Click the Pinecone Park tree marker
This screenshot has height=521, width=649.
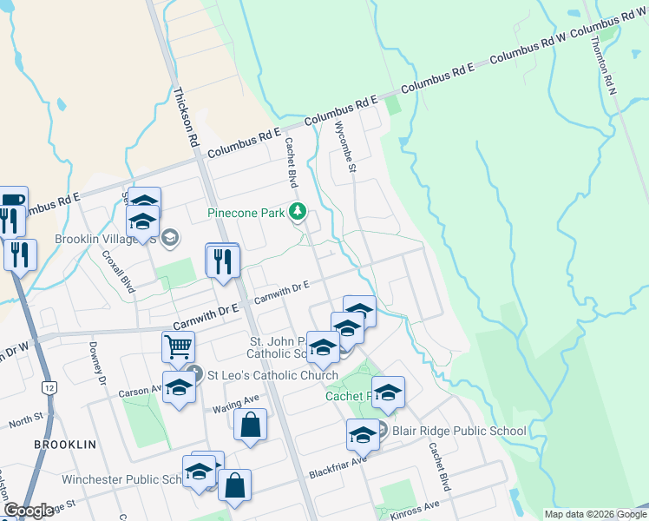click(298, 211)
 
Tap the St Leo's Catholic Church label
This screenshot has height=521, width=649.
click(272, 375)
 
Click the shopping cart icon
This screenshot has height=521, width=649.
click(178, 347)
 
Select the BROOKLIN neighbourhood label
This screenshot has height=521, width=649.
click(64, 444)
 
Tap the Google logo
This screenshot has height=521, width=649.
click(29, 511)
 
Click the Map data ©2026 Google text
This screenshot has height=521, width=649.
click(595, 514)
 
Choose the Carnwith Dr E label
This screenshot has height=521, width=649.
click(281, 293)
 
